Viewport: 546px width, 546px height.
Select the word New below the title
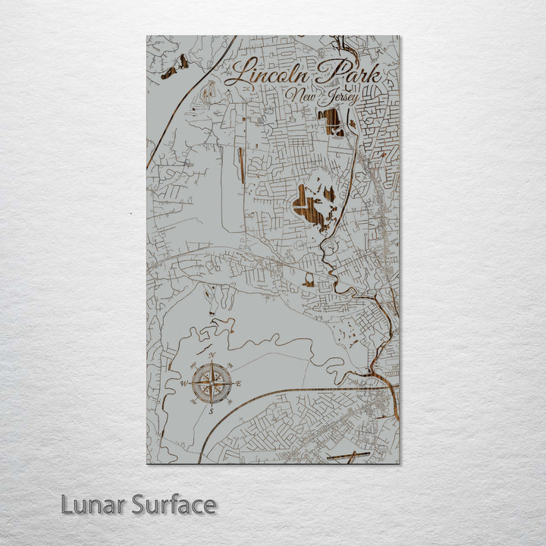click(302, 96)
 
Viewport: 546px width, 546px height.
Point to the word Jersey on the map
click(340, 99)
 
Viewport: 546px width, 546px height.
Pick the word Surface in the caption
click(174, 504)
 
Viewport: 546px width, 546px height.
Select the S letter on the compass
click(212, 411)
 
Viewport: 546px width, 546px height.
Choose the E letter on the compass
click(239, 384)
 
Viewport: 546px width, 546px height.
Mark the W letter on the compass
click(184, 384)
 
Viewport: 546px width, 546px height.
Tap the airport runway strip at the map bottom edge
click(348, 456)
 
